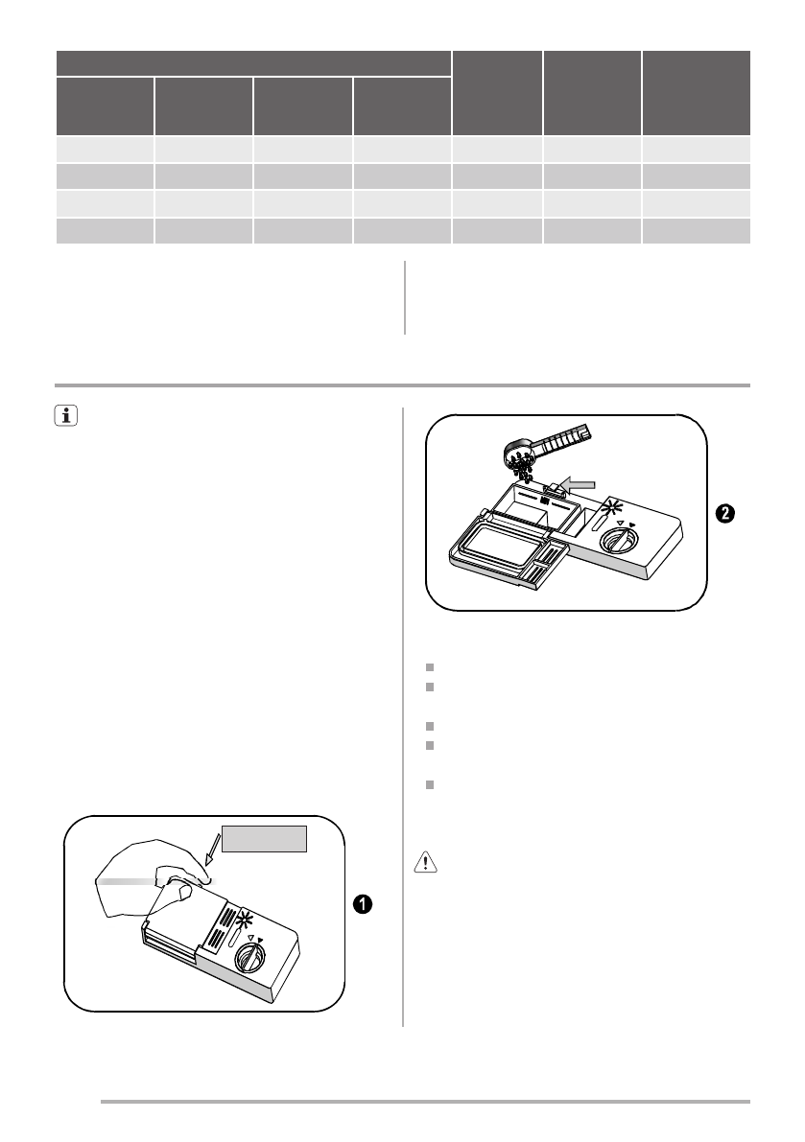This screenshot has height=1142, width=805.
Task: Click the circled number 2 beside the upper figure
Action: pyautogui.click(x=726, y=514)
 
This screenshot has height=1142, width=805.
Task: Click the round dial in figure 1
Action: pyautogui.click(x=250, y=955)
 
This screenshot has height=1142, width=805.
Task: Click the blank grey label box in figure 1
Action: pyautogui.click(x=266, y=837)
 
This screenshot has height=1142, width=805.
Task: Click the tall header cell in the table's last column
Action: pyautogui.click(x=696, y=92)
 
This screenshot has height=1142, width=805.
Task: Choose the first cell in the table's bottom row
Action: pyautogui.click(x=105, y=231)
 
